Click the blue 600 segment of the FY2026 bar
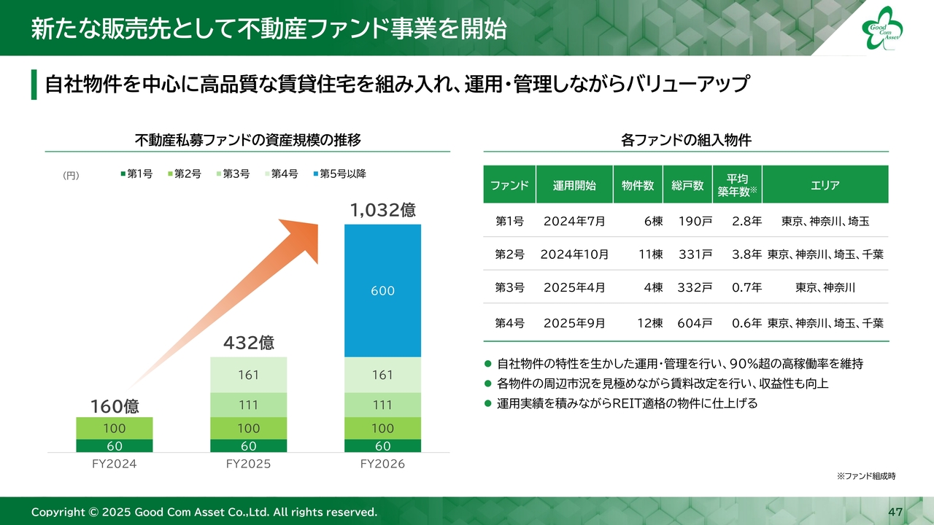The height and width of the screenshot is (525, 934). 382,291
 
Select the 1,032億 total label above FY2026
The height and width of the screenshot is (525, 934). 382,211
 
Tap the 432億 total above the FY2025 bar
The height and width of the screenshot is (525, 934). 248,342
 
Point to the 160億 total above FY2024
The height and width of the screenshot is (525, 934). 115,405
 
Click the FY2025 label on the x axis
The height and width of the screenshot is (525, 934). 248,464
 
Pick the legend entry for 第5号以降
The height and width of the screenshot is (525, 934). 340,174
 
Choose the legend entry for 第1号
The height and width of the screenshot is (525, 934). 136,174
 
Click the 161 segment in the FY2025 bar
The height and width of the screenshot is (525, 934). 248,375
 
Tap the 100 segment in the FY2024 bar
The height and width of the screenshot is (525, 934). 115,428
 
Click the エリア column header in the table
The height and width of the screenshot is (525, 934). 825,185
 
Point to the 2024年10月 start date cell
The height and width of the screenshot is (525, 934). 574,254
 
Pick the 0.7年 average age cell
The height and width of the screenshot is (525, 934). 746,288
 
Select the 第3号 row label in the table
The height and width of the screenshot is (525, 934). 509,288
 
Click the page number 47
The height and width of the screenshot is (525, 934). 895,512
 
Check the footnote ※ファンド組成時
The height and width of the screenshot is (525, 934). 866,476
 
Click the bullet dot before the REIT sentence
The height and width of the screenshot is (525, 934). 488,403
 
